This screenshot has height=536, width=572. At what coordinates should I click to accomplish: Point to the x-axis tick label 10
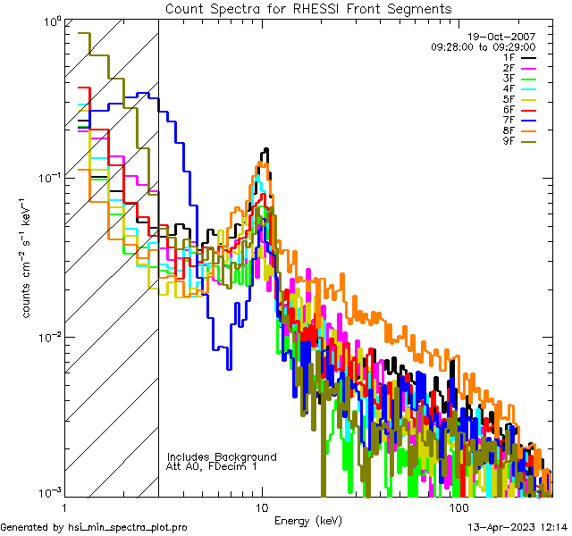[x=262, y=508]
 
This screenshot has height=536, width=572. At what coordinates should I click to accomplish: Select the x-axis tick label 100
[x=458, y=508]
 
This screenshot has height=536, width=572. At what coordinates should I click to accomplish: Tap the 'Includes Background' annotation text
[x=222, y=457]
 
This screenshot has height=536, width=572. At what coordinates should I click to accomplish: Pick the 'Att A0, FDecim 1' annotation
[x=212, y=466]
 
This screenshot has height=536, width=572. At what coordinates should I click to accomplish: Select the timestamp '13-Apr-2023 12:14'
[x=517, y=527]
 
